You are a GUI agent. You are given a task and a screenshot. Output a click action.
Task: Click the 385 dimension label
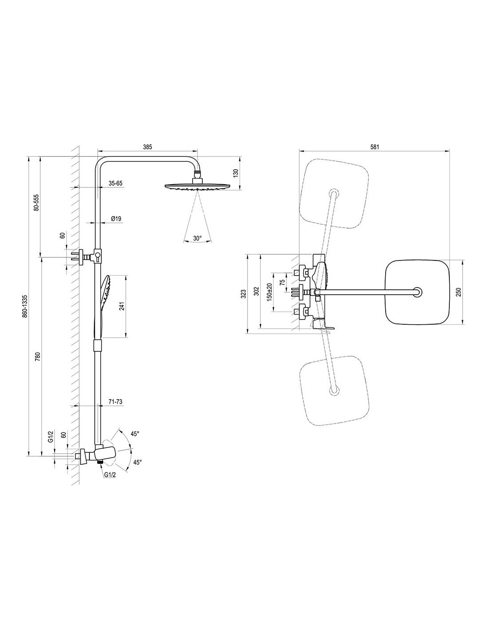tap(147, 147)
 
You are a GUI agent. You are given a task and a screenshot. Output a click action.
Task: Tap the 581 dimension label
tap(375, 147)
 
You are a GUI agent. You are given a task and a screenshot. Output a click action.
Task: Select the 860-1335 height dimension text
tap(25, 307)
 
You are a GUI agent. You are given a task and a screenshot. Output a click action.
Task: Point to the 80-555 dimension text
tap(36, 202)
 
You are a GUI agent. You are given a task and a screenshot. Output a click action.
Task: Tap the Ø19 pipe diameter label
tap(116, 218)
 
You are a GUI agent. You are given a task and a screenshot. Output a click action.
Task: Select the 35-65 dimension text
tap(116, 183)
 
